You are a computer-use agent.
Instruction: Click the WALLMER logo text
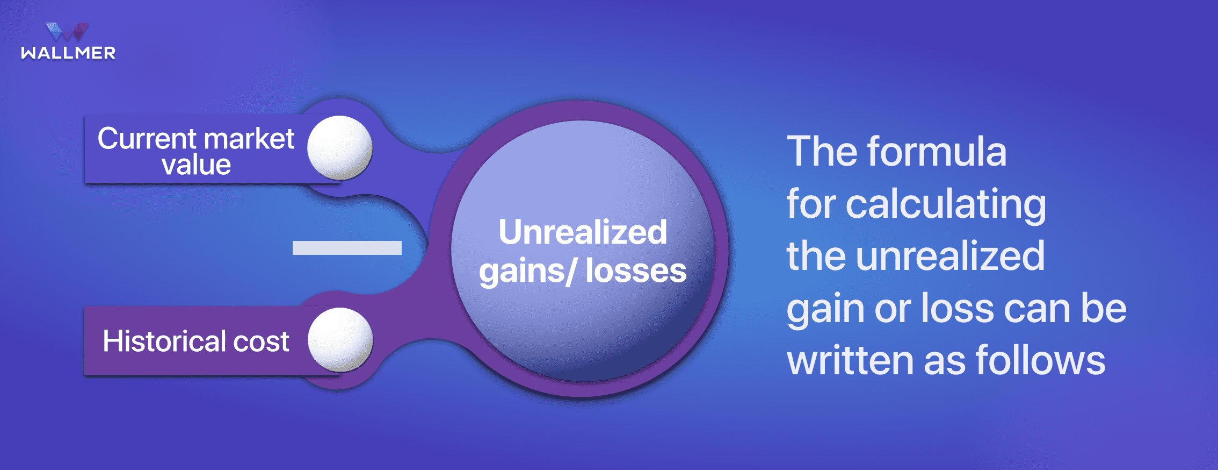point(68,53)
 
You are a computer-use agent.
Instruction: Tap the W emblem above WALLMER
point(67,32)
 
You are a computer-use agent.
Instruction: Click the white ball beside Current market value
point(340,148)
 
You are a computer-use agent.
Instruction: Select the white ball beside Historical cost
point(340,340)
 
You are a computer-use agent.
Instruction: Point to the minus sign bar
point(347,248)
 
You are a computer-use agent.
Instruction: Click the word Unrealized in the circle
point(583,232)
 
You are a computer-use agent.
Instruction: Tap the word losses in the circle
point(636,270)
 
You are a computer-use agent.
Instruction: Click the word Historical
point(164,341)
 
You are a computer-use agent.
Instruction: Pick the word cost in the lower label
point(261,342)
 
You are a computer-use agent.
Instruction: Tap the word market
point(249,139)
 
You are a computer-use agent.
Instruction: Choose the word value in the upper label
point(197,165)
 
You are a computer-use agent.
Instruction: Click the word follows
point(1040,360)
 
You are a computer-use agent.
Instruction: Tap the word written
point(850,360)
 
